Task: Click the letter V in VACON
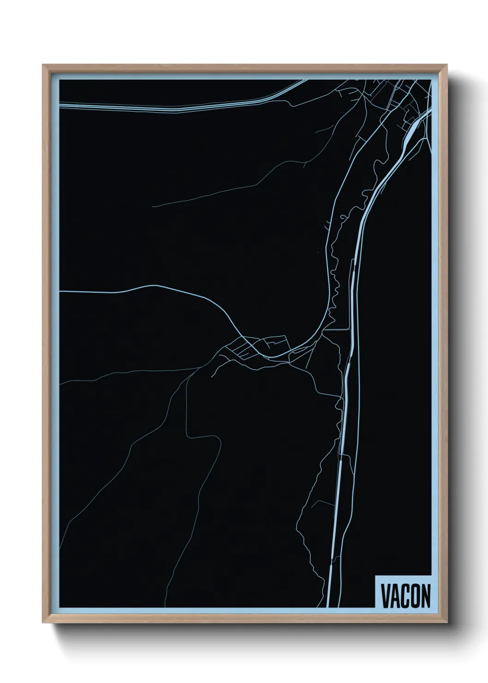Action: (x=385, y=596)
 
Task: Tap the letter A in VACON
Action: (x=395, y=596)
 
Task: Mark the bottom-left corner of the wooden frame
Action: (x=43, y=623)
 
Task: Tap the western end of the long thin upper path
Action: (x=154, y=206)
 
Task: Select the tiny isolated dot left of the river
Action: (x=318, y=252)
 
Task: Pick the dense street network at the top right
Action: (x=397, y=99)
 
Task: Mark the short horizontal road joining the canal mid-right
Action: (x=336, y=330)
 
